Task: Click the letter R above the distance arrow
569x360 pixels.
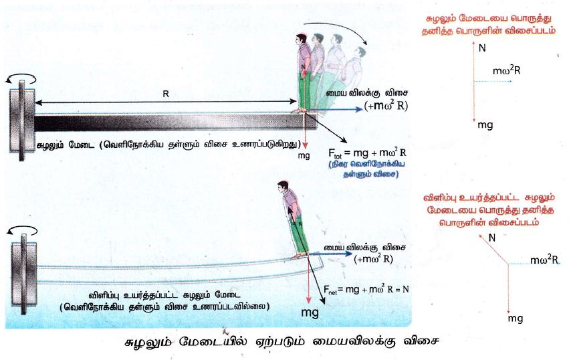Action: tap(166, 94)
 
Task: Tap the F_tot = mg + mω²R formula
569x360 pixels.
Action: tap(367, 153)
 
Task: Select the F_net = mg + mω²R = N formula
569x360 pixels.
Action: tap(366, 290)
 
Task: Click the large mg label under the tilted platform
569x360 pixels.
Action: tap(310, 312)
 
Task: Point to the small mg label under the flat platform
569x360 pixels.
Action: tap(304, 155)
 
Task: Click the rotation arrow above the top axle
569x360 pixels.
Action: tap(21, 78)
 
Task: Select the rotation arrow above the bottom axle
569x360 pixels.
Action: tap(23, 230)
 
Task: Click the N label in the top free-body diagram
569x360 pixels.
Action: tap(482, 48)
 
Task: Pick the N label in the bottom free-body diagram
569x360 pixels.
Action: tap(492, 238)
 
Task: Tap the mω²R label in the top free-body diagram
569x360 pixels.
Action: tap(506, 70)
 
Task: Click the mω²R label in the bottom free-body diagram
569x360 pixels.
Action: tap(544, 260)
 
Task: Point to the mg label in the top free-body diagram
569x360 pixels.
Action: tap(485, 125)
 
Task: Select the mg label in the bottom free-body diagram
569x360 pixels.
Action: tap(516, 319)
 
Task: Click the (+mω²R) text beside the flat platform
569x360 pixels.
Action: tap(386, 105)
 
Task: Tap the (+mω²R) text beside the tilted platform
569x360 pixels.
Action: tap(373, 259)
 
